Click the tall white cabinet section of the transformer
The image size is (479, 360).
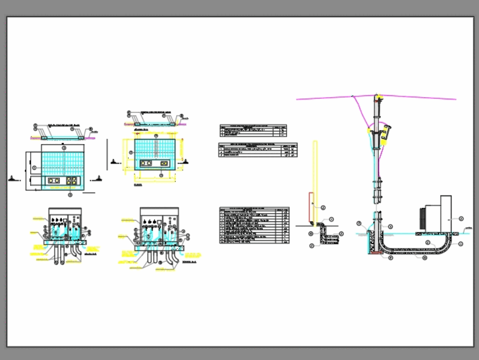(x=445, y=213)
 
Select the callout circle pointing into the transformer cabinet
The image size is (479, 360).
(x=461, y=219)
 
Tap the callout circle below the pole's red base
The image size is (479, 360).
(x=390, y=258)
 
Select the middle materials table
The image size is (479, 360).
(x=258, y=150)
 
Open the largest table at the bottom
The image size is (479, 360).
(x=254, y=225)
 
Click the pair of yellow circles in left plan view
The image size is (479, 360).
(x=54, y=181)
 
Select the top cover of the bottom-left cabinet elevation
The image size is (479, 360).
(x=65, y=209)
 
